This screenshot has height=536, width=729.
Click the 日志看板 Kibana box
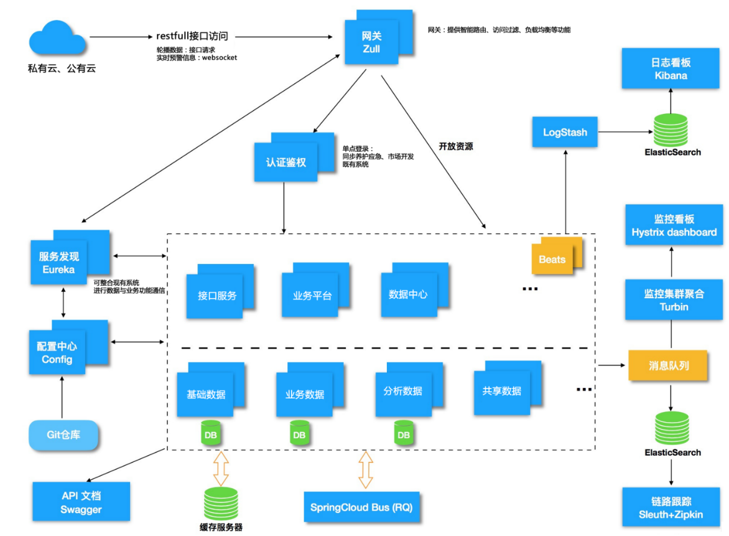[671, 69]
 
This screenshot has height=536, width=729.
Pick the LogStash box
[565, 133]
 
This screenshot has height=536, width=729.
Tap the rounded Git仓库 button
[64, 435]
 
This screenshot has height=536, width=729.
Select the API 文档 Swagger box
[81, 502]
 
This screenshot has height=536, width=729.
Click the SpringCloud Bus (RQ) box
[361, 507]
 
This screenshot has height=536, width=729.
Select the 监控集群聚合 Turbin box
[674, 299]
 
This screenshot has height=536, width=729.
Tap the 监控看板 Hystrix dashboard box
[674, 226]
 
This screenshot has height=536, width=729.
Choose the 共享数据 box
[501, 392]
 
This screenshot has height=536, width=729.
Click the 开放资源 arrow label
[456, 147]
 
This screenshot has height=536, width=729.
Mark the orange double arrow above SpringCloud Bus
[366, 469]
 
